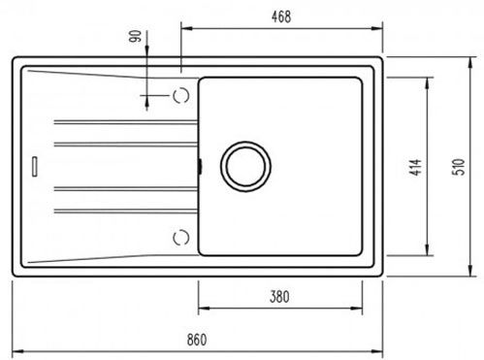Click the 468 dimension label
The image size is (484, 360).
281,16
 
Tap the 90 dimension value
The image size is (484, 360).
135,36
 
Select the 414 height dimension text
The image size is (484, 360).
416,167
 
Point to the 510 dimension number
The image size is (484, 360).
459,167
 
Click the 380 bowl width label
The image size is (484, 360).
279,297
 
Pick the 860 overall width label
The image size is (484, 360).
197,340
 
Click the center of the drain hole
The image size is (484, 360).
245,166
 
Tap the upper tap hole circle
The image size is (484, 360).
181,95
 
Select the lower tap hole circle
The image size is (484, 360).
181,238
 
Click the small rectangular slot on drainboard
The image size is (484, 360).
35,166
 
